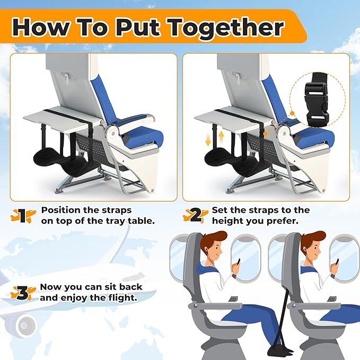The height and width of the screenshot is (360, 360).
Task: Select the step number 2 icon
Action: [x=194, y=215]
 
